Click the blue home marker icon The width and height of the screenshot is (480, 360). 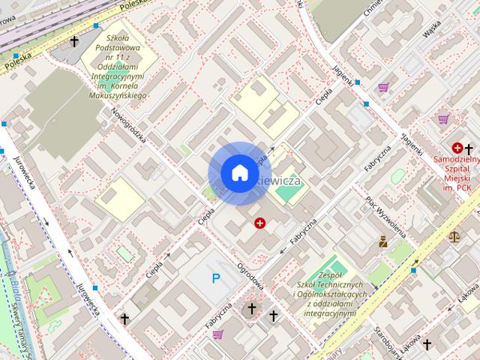coord(239,173)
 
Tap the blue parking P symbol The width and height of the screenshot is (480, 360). coord(216,279)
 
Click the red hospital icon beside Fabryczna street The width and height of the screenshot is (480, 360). coord(260,223)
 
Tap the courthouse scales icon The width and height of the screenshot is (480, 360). coord(454,236)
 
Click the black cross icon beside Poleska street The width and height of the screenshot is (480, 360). coord(74,42)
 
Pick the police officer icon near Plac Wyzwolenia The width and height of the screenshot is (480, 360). coord(383,241)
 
